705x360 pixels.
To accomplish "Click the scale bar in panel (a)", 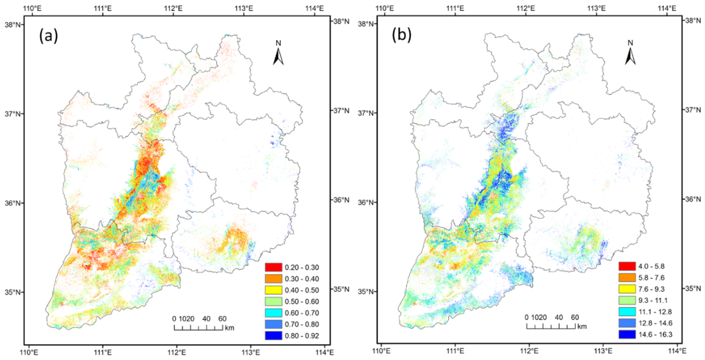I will (198, 328).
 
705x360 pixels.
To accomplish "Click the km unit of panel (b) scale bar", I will (582, 326).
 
